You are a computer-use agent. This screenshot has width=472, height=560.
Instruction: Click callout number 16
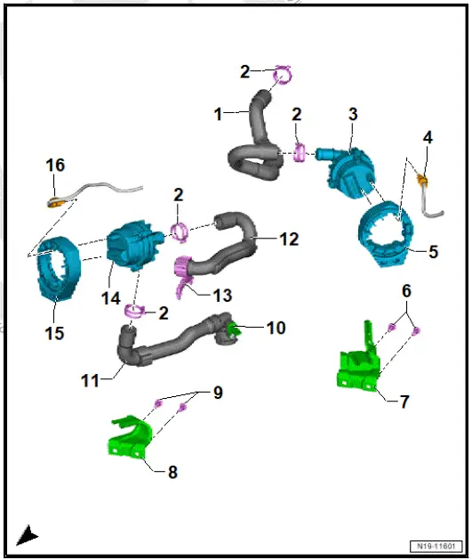[55, 165]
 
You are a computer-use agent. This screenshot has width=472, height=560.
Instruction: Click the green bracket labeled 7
[361, 361]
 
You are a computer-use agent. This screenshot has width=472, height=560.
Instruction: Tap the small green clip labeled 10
[235, 330]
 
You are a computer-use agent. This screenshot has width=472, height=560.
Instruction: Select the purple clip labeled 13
[184, 272]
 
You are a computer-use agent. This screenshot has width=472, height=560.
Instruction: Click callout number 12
[289, 239]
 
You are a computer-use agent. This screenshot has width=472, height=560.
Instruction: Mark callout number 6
[406, 290]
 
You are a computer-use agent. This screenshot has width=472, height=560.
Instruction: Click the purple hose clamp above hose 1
[282, 76]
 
